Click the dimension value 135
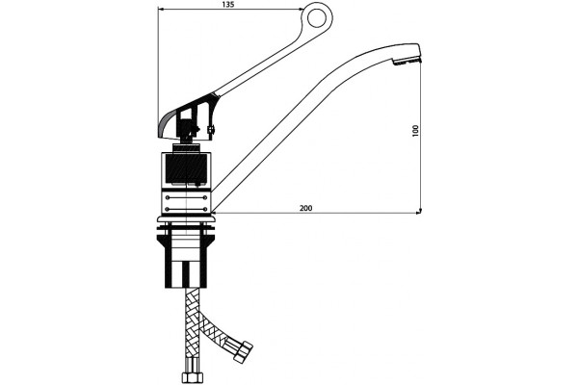[228, 5]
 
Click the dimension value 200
[305, 208]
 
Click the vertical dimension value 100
[416, 131]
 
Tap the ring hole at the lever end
[317, 18]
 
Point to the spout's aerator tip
[407, 62]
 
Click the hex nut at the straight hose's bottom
[193, 378]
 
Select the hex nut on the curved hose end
[244, 350]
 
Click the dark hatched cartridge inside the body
[186, 169]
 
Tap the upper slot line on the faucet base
[186, 198]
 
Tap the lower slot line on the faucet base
[186, 209]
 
